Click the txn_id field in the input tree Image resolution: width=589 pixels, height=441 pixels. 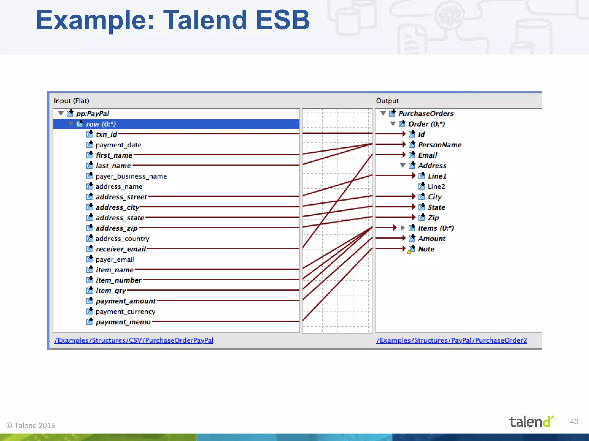pyautogui.click(x=106, y=134)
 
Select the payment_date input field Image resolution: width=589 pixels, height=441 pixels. pyautogui.click(x=118, y=145)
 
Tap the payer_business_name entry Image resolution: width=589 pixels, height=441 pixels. pyautogui.click(x=131, y=176)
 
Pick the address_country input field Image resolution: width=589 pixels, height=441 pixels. pyautogui.click(x=122, y=239)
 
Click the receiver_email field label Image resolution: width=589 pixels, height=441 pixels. pyautogui.click(x=121, y=249)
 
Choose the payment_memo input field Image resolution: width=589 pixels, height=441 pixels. pyautogui.click(x=123, y=322)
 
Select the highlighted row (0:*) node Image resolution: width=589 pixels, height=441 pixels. pyautogui.click(x=101, y=124)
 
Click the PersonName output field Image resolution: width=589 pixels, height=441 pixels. pyautogui.click(x=439, y=145)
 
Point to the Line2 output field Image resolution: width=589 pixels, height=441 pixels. pyautogui.click(x=436, y=187)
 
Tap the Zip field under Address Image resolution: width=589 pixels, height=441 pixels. pyautogui.click(x=433, y=218)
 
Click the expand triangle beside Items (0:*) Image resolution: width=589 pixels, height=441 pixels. pyautogui.click(x=403, y=228)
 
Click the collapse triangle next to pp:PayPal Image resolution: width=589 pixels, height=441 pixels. pyautogui.click(x=61, y=113)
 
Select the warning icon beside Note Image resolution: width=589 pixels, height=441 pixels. pyautogui.click(x=409, y=252)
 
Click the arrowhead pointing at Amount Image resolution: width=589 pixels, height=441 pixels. pyautogui.click(x=403, y=238)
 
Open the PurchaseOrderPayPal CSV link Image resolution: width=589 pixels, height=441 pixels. pyautogui.click(x=134, y=341)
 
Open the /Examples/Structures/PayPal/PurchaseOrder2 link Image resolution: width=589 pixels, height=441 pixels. pyautogui.click(x=452, y=341)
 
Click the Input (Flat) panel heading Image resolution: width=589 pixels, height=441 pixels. pyautogui.click(x=71, y=101)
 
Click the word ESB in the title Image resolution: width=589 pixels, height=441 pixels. pyautogui.click(x=282, y=20)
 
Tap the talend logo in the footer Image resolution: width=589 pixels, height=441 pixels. pyautogui.click(x=531, y=422)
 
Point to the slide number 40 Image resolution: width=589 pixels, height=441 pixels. pyautogui.click(x=574, y=421)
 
